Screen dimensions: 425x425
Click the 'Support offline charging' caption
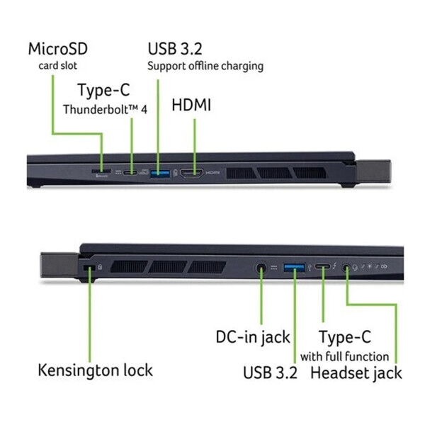205,66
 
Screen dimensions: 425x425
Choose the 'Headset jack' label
356,373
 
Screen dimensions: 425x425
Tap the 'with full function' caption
344,356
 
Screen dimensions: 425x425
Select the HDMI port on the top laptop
191,172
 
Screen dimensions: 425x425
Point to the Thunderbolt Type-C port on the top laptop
130,171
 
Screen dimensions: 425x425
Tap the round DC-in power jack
261,268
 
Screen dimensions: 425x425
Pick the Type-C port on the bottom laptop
323,267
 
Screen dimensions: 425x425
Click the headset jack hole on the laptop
346,268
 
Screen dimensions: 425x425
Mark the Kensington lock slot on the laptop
89,268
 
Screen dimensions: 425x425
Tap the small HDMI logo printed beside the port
213,172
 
